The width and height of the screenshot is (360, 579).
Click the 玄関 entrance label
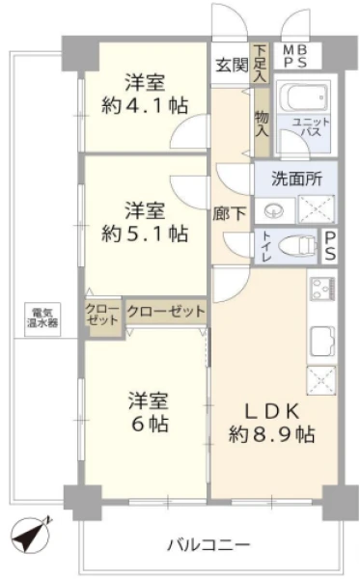pyautogui.click(x=232, y=66)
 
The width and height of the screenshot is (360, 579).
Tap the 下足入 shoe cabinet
pyautogui.click(x=261, y=63)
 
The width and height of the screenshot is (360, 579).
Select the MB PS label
pyautogui.click(x=295, y=56)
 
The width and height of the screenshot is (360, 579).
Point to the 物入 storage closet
pyautogui.click(x=262, y=123)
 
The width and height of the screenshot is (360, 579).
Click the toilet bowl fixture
pyautogui.click(x=297, y=246)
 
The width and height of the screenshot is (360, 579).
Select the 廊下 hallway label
pyautogui.click(x=230, y=214)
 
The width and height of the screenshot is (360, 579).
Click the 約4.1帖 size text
pyautogui.click(x=145, y=106)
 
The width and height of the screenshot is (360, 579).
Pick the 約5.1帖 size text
pyautogui.click(x=145, y=234)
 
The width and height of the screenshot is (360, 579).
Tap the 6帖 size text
pyautogui.click(x=151, y=424)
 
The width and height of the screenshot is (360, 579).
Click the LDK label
pyautogui.click(x=272, y=411)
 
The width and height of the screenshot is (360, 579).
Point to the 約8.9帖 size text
pyautogui.click(x=272, y=434)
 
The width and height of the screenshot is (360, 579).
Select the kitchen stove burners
pyautogui.click(x=322, y=289)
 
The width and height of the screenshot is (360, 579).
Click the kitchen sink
pyautogui.click(x=321, y=341)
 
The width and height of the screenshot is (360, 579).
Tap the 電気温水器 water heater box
pyautogui.click(x=42, y=319)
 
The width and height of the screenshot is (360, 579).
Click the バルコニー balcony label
pyautogui.click(x=209, y=544)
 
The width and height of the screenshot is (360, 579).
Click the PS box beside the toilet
pyautogui.click(x=330, y=246)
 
